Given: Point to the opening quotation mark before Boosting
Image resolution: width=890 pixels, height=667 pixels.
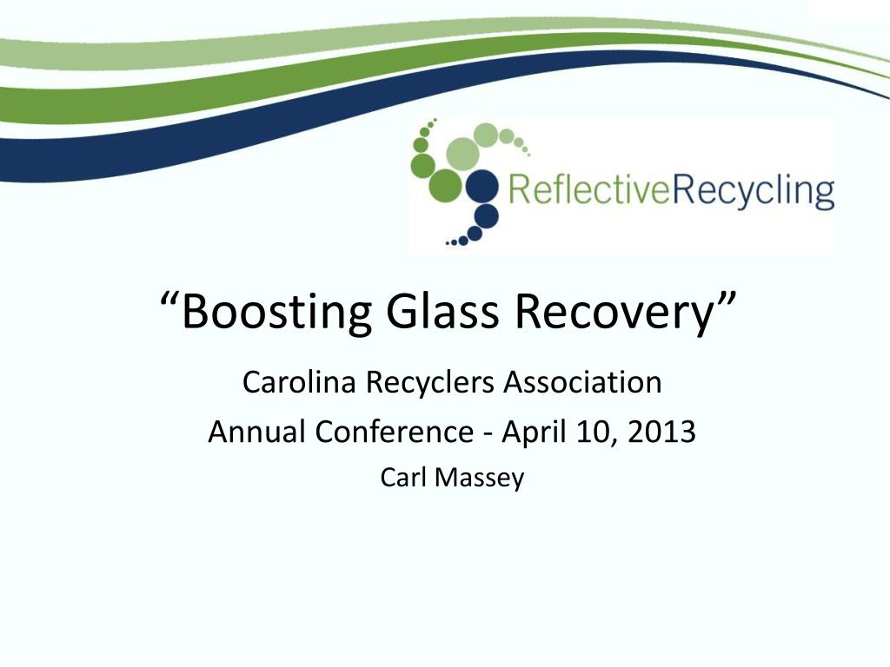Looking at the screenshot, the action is (169, 299).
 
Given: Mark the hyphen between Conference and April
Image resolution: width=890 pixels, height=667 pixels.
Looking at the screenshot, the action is (488, 434).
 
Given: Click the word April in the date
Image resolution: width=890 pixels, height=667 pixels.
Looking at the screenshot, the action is (535, 433).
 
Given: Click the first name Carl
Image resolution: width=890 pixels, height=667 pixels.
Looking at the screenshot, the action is (403, 477).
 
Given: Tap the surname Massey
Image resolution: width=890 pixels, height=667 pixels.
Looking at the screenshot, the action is (479, 479).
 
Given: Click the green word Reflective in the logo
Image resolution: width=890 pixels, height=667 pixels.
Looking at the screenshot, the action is (588, 189).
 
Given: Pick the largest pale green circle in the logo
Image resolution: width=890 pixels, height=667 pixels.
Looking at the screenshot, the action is (463, 153).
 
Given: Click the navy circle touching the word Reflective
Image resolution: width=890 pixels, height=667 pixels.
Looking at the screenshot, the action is (482, 186).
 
